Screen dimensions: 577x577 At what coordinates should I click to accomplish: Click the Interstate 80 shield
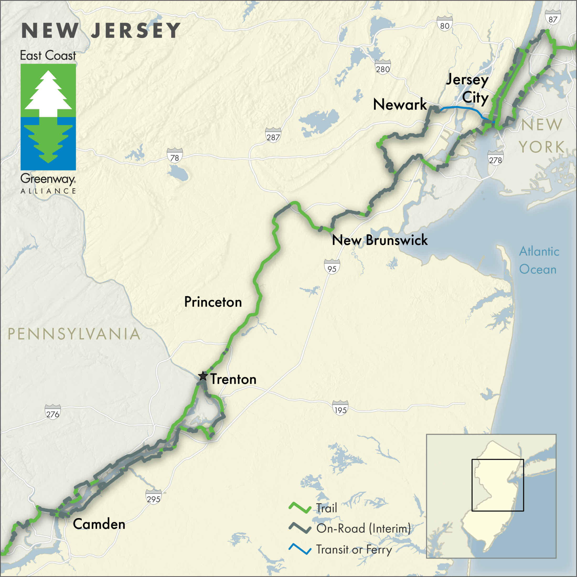pyautogui.click(x=444, y=24)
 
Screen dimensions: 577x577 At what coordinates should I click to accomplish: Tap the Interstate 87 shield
pyautogui.click(x=553, y=17)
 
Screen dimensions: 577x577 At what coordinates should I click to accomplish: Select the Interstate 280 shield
pyautogui.click(x=383, y=67)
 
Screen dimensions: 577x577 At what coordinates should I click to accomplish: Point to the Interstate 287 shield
pyautogui.click(x=273, y=135)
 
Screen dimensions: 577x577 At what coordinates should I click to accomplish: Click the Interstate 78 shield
pyautogui.click(x=174, y=155)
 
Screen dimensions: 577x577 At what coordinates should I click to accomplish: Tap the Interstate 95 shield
pyautogui.click(x=332, y=267)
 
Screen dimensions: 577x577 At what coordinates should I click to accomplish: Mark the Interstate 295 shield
pyautogui.click(x=153, y=497)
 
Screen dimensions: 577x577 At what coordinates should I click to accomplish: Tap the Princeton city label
pyautogui.click(x=213, y=302)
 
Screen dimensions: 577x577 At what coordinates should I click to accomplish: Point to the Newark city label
pyautogui.click(x=400, y=104)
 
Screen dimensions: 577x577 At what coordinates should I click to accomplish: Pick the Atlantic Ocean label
pyautogui.click(x=539, y=260)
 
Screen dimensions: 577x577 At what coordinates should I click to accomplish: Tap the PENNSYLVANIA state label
pyautogui.click(x=74, y=334)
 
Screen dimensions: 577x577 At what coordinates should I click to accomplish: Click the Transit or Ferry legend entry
pyautogui.click(x=354, y=549)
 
